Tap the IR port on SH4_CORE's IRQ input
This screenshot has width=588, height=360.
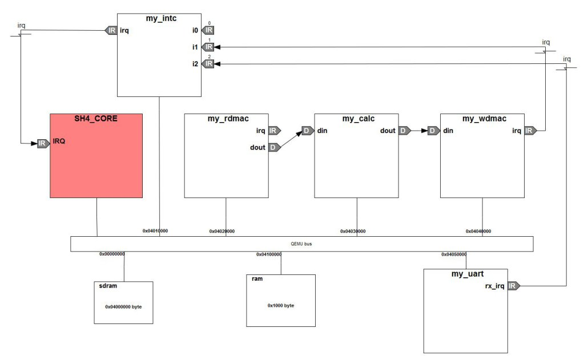[43, 143]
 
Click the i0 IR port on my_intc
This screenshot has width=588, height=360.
[208, 30]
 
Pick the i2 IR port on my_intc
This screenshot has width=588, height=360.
[208, 64]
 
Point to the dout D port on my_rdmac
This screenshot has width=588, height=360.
[273, 147]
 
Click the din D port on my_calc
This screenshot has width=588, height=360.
[308, 131]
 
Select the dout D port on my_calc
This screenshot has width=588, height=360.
[404, 131]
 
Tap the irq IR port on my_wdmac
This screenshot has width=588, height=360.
[530, 131]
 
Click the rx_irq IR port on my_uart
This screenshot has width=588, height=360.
[513, 286]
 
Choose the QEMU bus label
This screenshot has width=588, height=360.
[301, 244]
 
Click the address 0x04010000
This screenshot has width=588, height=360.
[155, 231]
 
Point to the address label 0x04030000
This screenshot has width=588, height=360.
[353, 232]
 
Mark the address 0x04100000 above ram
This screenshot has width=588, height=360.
[269, 254]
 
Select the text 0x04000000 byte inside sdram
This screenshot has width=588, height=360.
[123, 307]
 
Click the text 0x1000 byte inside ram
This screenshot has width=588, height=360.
[281, 306]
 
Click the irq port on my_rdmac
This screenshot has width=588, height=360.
[273, 131]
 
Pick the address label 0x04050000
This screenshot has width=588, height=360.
[454, 254]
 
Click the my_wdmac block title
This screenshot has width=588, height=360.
[482, 119]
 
